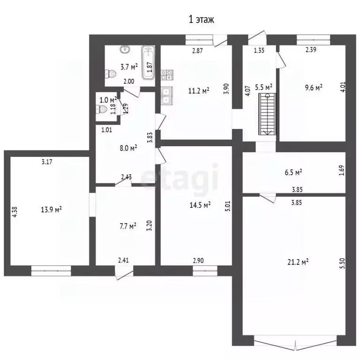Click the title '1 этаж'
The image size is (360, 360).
(202, 19)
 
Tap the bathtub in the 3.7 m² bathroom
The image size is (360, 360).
(148, 62)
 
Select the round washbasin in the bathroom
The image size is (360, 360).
(125, 49)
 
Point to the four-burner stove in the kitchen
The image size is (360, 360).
(167, 75)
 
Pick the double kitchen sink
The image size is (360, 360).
(166, 96)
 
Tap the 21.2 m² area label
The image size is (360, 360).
(298, 262)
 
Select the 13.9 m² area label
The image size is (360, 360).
(51, 210)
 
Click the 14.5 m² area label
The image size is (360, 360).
(200, 205)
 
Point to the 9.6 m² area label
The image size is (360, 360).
(314, 88)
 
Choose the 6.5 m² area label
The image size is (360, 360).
(293, 172)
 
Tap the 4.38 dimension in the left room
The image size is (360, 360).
(15, 212)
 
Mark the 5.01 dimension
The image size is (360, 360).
(227, 206)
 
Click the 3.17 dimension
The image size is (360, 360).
(47, 162)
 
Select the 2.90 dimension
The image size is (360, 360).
(198, 261)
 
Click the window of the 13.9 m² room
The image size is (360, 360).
(51, 270)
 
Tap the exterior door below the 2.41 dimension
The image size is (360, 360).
(124, 272)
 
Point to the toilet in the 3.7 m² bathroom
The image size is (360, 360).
(111, 74)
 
